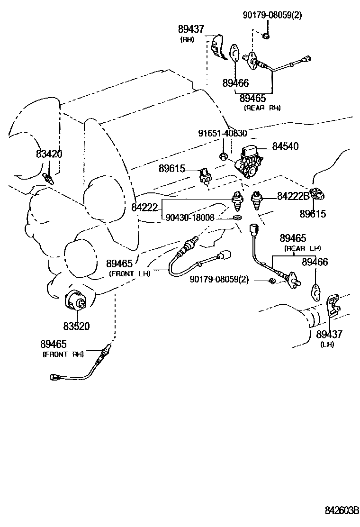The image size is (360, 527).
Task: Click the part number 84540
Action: [x=285, y=146]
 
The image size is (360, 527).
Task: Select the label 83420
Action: [x=49, y=154]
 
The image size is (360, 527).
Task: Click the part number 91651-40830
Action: [x=223, y=134]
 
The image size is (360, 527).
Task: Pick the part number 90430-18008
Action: [x=190, y=217]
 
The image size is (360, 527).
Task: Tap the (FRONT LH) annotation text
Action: [x=129, y=273]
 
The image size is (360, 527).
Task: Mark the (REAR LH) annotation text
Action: [x=303, y=248]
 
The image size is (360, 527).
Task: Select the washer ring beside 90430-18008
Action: [x=236, y=218]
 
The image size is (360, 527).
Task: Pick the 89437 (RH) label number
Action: [x=191, y=29]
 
